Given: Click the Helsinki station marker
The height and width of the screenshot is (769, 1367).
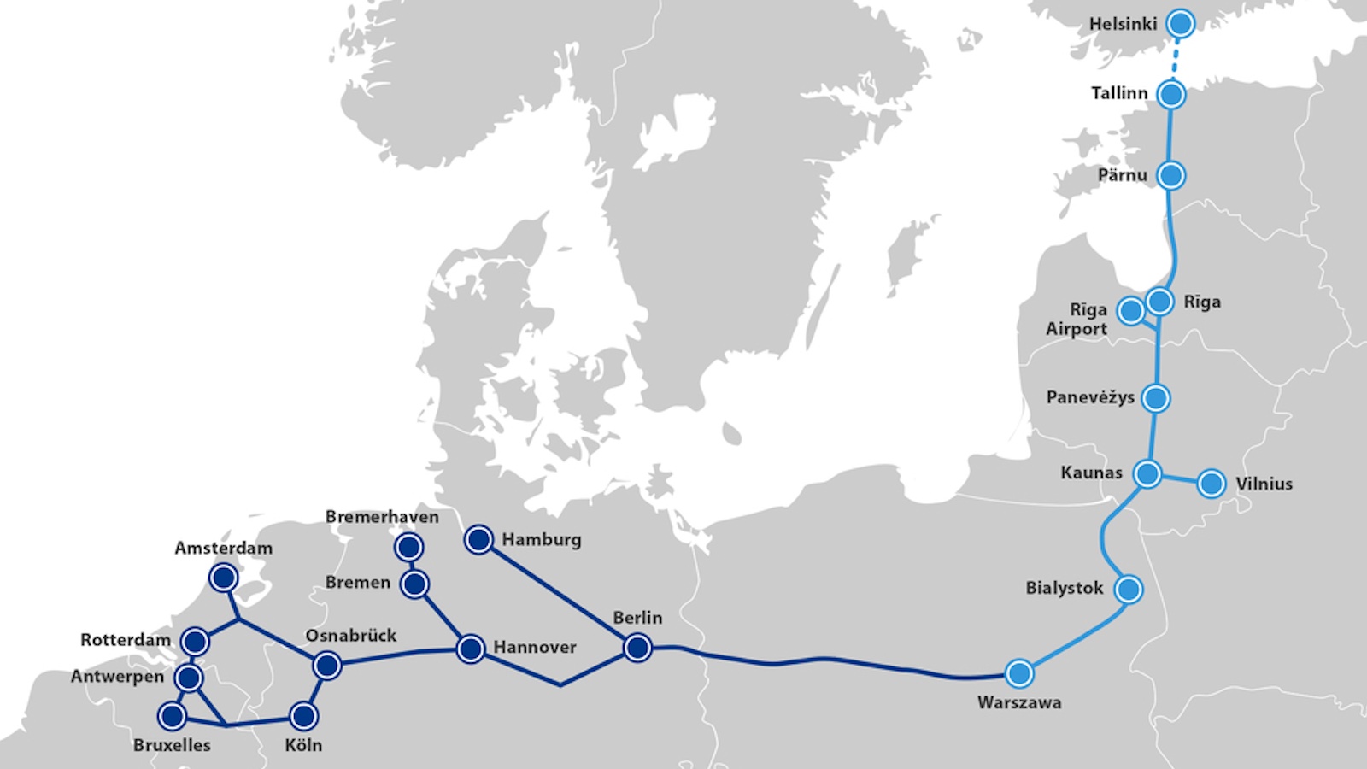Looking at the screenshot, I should pyautogui.click(x=1181, y=24).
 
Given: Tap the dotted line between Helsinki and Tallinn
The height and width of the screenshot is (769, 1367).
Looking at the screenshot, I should pyautogui.click(x=1176, y=59).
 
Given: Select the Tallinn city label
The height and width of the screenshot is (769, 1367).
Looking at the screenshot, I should pyautogui.click(x=1119, y=93).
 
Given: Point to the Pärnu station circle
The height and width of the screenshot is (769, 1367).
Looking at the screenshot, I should pyautogui.click(x=1170, y=175).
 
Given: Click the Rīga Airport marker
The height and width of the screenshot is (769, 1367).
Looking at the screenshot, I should pyautogui.click(x=1131, y=311).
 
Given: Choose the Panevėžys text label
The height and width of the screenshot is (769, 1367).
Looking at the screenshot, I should pyautogui.click(x=1090, y=397).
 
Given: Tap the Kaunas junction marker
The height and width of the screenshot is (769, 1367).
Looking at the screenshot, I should pyautogui.click(x=1147, y=473).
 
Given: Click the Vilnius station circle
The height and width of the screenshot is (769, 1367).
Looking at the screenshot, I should pyautogui.click(x=1211, y=484).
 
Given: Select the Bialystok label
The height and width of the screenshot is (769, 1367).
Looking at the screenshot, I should pyautogui.click(x=1065, y=588).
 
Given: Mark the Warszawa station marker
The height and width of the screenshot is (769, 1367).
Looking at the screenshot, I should pyautogui.click(x=1018, y=673).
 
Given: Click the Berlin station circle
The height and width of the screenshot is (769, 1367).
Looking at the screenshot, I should pyautogui.click(x=637, y=649).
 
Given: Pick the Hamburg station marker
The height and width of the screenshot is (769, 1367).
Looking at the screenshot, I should pyautogui.click(x=478, y=539).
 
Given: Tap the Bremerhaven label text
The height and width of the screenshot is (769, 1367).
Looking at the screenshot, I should pyautogui.click(x=382, y=517).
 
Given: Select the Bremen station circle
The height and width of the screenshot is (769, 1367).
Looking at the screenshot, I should pyautogui.click(x=414, y=584).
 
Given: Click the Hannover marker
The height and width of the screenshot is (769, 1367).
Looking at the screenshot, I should pyautogui.click(x=471, y=649).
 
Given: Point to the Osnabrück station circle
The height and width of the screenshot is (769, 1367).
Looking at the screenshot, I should pyautogui.click(x=327, y=665).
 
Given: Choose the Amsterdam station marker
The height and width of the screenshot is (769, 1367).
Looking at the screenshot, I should pyautogui.click(x=223, y=578).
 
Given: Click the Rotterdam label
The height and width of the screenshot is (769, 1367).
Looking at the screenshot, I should pyautogui.click(x=126, y=640).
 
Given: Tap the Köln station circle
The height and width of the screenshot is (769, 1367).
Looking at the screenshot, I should pyautogui.click(x=303, y=716).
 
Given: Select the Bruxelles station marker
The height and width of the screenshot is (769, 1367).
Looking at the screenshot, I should pyautogui.click(x=172, y=715).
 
